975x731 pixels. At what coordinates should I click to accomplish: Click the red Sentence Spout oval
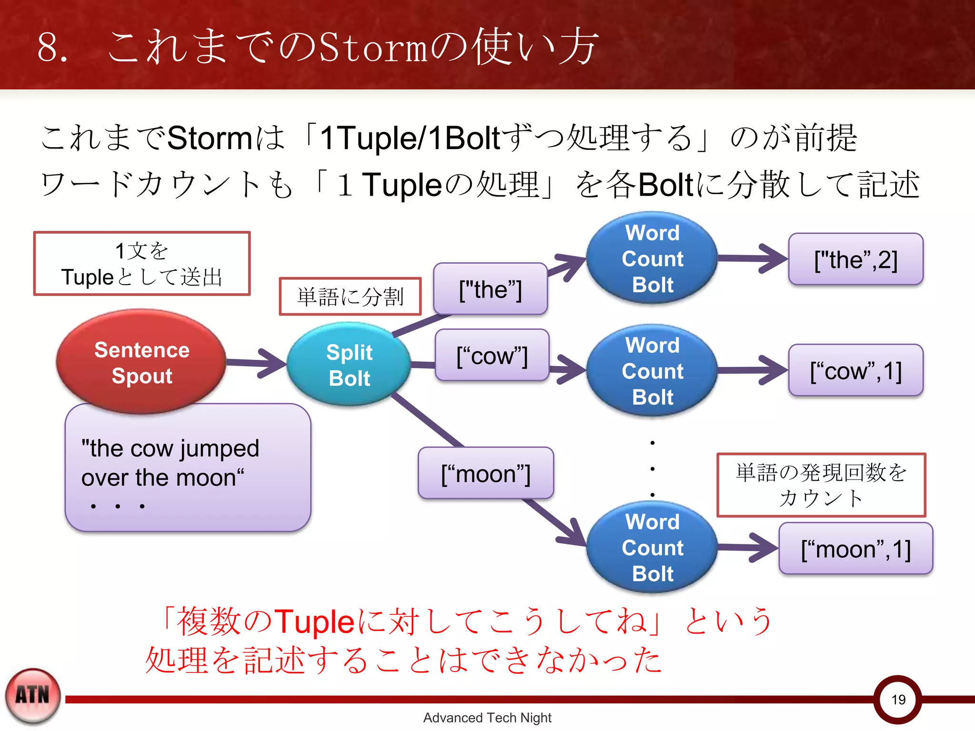141,362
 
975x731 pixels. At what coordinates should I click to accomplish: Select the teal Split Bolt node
349,365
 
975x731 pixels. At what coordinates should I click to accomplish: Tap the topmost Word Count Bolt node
652,258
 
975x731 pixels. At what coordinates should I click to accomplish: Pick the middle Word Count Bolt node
652,371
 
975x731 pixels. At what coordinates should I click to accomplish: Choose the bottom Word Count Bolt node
652,547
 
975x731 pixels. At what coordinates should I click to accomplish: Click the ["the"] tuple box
490,289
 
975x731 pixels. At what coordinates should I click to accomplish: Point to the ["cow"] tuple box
492,356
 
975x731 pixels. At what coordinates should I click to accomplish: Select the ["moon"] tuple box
486,474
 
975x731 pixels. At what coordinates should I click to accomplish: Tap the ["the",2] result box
856,259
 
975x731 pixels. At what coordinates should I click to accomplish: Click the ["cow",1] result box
856,371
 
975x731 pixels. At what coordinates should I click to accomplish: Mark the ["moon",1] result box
856,549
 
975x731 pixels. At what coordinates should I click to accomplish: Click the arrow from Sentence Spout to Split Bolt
257,363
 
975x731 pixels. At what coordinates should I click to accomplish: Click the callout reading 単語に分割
350,296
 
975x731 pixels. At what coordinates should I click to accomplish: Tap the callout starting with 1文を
142,264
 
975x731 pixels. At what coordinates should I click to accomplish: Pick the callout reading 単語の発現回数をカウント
821,485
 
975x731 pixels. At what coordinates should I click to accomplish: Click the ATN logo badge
33,695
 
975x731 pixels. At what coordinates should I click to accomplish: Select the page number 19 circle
898,699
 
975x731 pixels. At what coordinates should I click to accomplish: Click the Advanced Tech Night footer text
487,718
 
